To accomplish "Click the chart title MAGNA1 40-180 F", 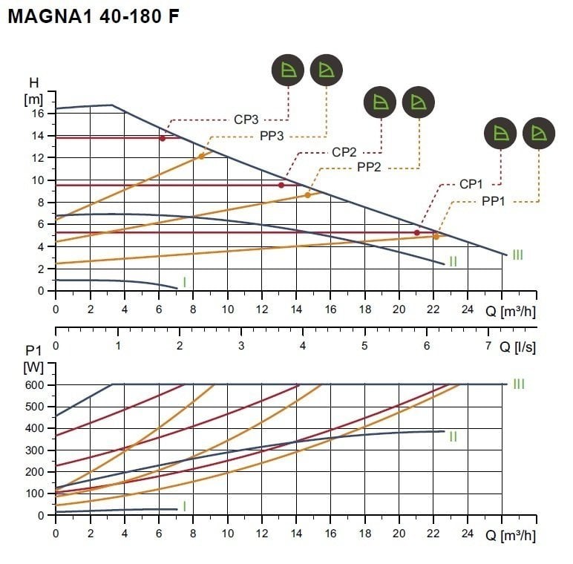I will (94, 16).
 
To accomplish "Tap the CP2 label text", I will (344, 152).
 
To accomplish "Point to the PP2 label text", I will (369, 168).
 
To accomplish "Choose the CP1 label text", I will (472, 184).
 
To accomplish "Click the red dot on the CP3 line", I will (163, 138).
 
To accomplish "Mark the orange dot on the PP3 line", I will (201, 157).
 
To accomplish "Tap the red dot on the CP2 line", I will (281, 185).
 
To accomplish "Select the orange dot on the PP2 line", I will (307, 195).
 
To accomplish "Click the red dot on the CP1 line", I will (416, 233).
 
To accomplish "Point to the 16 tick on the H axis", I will (38, 114).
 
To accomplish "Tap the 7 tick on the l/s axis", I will (488, 346).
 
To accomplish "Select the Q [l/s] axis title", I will (517, 346).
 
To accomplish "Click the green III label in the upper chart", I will (517, 255).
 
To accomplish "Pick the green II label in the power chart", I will (452, 436).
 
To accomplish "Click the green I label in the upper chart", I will (184, 282).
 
